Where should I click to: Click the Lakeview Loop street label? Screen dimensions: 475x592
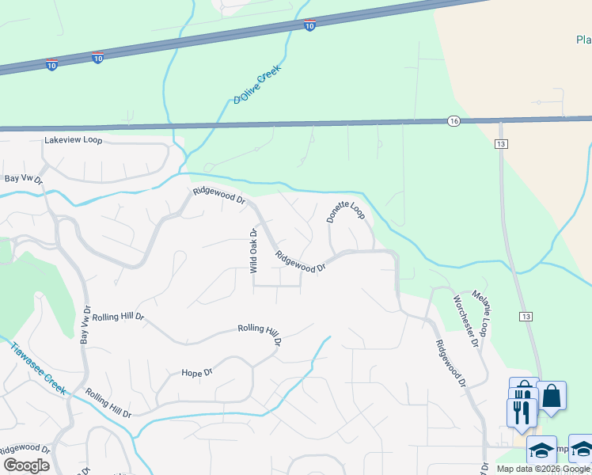point(74,140)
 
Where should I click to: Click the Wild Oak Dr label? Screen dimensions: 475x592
point(254,251)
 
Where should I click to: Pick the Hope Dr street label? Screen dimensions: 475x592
point(197,372)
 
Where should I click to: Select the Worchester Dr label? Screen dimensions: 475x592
point(465,321)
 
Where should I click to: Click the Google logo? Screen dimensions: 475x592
point(26,465)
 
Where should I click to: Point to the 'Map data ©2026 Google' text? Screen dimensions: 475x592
point(544,469)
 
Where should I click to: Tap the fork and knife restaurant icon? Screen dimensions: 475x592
point(521,410)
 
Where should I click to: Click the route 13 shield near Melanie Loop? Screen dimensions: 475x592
point(526,316)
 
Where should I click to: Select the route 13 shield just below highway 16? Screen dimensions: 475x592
point(502,143)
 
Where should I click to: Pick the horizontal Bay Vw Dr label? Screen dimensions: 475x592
point(23,180)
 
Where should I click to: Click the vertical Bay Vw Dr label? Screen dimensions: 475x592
point(85,325)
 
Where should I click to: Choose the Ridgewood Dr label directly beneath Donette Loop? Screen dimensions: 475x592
point(301,262)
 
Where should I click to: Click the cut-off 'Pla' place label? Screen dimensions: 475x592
point(583,40)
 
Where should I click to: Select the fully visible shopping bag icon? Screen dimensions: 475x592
point(551,395)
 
